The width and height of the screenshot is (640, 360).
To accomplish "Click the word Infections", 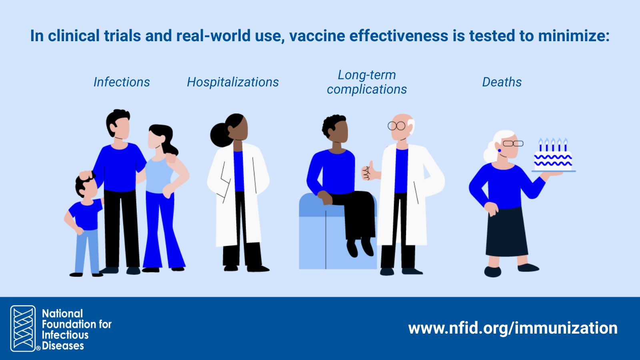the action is tap(122, 82).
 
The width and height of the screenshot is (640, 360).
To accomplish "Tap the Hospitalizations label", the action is tap(233, 82).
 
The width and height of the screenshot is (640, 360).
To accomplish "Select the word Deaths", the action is tap(502, 82).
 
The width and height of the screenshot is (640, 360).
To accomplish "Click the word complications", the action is tap(367, 90).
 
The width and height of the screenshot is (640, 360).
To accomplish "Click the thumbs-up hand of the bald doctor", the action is tap(368, 171).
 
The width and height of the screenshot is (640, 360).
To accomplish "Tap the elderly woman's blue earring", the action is tap(500, 150).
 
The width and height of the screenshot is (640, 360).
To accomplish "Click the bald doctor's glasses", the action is tap(396, 126).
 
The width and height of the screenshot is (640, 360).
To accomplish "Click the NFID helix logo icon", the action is tap(23, 328).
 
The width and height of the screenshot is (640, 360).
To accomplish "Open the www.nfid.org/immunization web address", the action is tap(513, 328).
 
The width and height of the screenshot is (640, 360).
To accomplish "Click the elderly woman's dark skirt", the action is tap(506, 232).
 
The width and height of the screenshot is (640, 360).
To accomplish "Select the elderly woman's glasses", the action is tap(513, 144).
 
